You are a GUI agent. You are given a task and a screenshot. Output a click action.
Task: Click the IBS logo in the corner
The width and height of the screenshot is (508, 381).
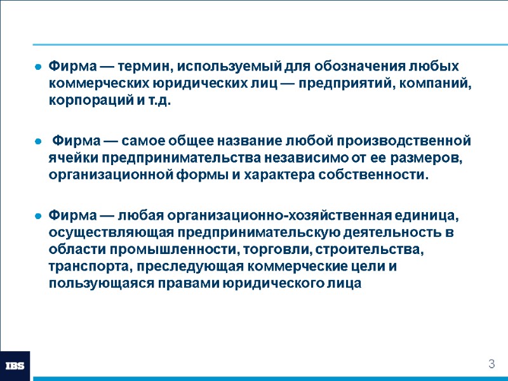(x=15, y=366)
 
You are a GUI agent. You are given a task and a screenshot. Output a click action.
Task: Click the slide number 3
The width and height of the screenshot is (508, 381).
(x=491, y=364)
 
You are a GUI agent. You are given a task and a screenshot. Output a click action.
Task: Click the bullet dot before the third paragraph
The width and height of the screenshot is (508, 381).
(x=38, y=215)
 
